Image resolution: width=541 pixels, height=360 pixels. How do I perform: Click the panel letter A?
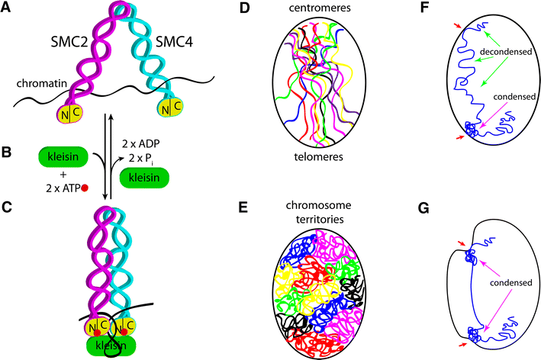coord(7,8)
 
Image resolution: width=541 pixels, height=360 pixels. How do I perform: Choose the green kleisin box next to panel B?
coord(64,157)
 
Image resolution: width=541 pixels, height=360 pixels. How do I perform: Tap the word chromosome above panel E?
coord(317,191)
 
